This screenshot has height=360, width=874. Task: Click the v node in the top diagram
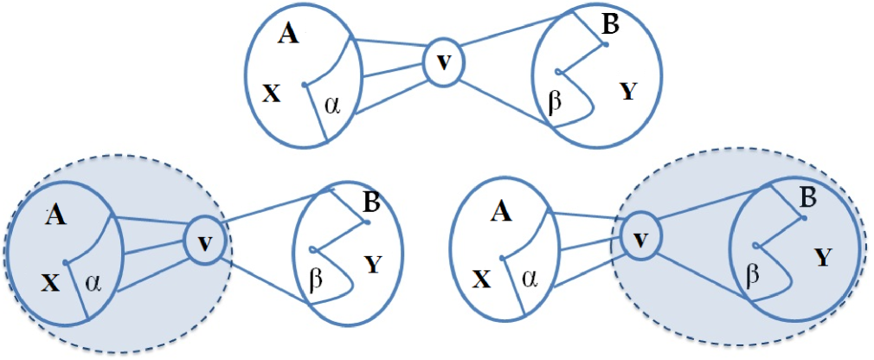443,63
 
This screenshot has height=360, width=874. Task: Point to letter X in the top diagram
272,93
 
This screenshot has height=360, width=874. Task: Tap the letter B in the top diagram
609,25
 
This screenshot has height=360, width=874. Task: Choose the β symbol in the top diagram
556,101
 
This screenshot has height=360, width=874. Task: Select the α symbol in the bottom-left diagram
93,282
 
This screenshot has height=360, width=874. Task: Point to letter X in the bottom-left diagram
49,281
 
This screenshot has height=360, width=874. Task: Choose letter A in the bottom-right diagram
498,212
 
